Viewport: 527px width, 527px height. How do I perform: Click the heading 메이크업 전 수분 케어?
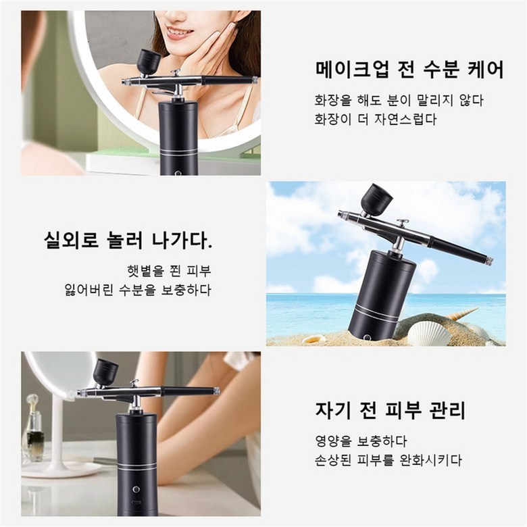[x=409, y=70]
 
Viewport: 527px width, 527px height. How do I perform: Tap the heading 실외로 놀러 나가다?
[x=128, y=240]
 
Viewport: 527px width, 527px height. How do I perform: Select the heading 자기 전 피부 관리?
[x=391, y=409]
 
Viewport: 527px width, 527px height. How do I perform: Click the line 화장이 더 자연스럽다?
[x=375, y=120]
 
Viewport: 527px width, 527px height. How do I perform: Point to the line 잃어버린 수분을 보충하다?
[x=138, y=290]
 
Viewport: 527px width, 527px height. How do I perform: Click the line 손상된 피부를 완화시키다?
[x=388, y=460]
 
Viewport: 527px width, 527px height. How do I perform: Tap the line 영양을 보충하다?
[x=361, y=441]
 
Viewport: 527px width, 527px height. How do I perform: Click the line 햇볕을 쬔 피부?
[x=169, y=271]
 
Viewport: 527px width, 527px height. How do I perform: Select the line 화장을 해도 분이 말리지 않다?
[x=399, y=101]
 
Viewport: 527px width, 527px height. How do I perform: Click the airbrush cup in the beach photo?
[x=375, y=198]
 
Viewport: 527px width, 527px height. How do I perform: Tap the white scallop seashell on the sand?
[x=430, y=333]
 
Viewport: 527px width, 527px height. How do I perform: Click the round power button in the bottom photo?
[x=136, y=488]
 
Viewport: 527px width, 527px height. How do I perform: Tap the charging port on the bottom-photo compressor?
[x=136, y=504]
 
